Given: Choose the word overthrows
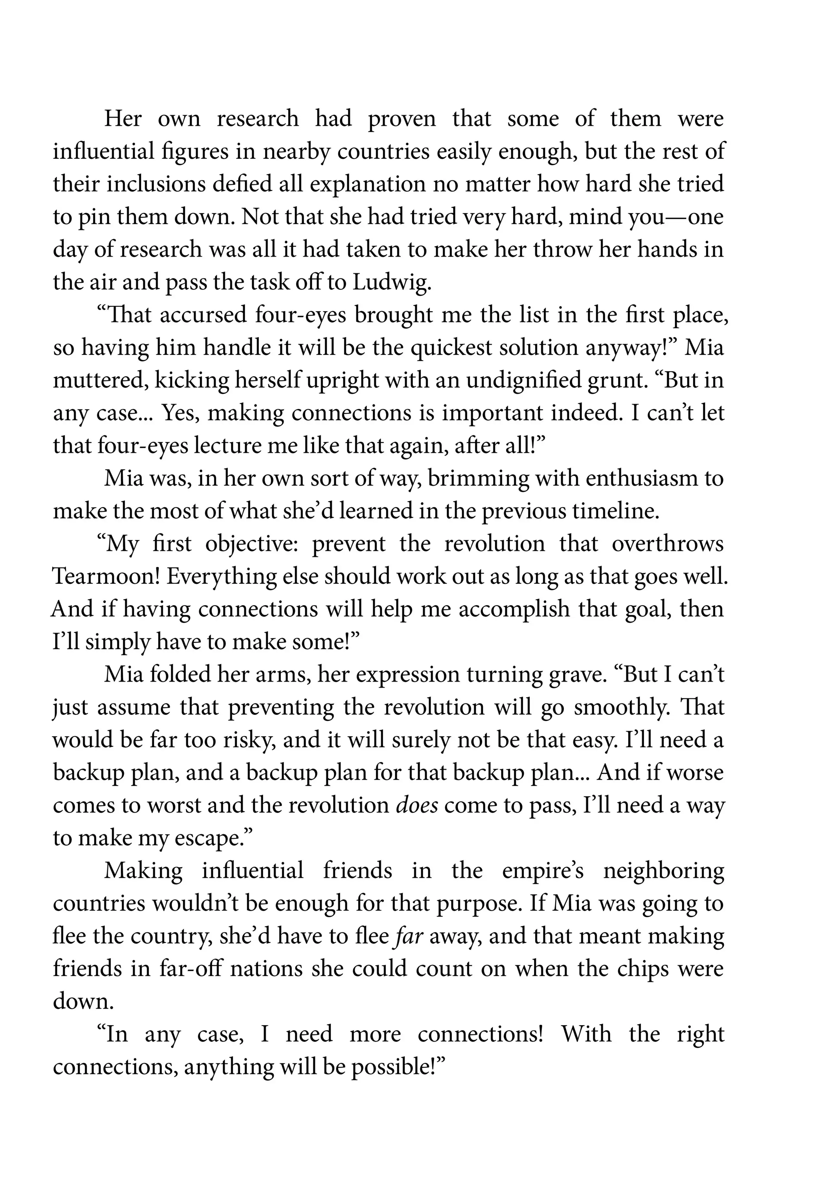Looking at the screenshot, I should pyautogui.click(x=667, y=544).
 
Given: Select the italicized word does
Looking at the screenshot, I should pyautogui.click(x=417, y=806).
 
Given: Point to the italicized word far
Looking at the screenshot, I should pyautogui.click(x=410, y=937).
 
